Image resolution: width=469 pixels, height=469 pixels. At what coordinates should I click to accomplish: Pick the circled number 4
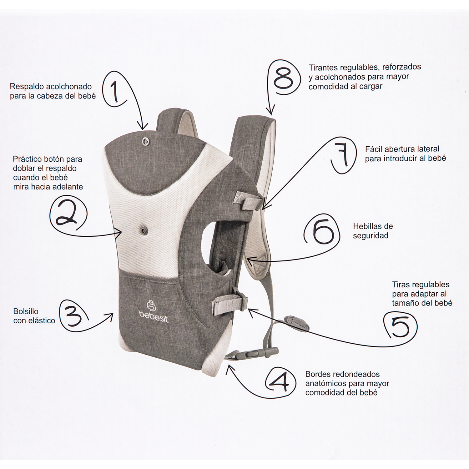click(281, 381)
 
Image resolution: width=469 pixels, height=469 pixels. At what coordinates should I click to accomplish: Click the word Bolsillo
click(26, 311)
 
